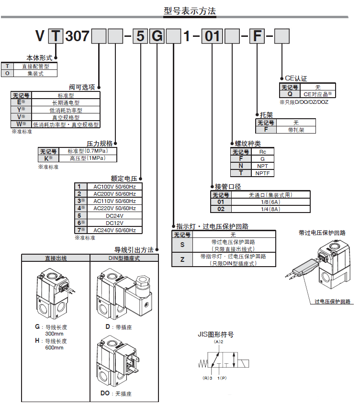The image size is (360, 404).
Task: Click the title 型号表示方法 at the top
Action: point(190,10)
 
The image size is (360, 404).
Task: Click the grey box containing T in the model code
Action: point(56,36)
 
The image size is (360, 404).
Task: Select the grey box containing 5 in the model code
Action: point(140,36)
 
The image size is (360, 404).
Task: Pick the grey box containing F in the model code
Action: point(258,36)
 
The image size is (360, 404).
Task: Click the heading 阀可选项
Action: point(82,87)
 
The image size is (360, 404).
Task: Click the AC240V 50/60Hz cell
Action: point(114,230)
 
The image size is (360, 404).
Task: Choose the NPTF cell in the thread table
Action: point(262,172)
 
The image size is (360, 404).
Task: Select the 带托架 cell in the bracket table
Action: point(296,130)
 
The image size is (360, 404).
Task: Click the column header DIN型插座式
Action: point(124,258)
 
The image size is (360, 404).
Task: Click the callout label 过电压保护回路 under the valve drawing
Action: point(332,302)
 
